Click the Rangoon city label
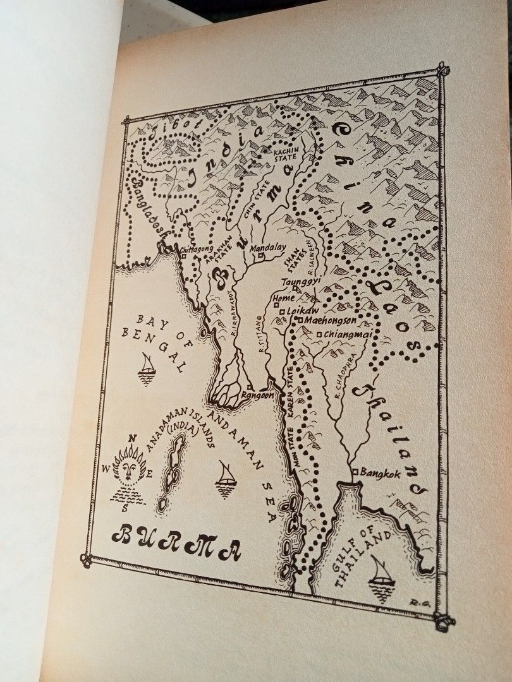pos(257,395)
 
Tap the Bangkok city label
pos(381,474)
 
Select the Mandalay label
pos(269,248)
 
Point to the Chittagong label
pos(197,251)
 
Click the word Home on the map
pos(284,298)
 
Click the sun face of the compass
pos(130,469)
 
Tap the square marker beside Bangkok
pos(355,472)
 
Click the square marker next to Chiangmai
pos(320,334)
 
